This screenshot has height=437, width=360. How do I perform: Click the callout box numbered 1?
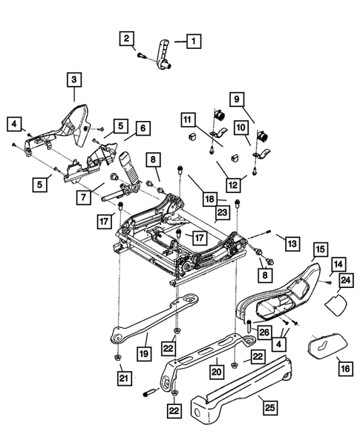[192, 41]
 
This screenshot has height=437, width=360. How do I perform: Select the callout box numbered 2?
[128, 38]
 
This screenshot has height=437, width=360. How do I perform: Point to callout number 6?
[142, 128]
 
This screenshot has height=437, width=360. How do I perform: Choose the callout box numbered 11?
[188, 118]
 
